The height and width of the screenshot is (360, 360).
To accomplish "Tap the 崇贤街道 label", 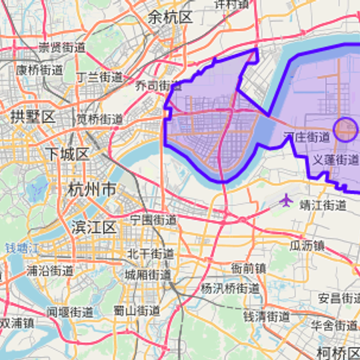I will tap(61, 47).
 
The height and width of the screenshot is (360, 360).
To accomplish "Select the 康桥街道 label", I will tap(40, 69).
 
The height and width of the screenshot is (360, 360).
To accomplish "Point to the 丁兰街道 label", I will tap(100, 77).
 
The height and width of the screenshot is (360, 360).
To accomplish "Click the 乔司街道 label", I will tap(158, 86).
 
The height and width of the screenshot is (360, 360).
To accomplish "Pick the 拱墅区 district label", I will tap(32, 117).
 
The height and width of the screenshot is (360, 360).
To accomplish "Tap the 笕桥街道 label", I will tap(99, 119).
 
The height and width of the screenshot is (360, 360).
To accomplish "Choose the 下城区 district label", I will tap(67, 154).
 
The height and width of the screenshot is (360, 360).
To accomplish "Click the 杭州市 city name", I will tap(91, 190).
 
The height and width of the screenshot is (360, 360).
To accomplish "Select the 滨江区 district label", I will tap(94, 227).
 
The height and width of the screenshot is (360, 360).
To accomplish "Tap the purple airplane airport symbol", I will tap(287, 199).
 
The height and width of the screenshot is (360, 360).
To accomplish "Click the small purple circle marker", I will tap(345, 129).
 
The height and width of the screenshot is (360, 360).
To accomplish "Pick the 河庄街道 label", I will tap(306, 137).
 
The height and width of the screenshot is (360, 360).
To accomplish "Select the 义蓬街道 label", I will tap(335, 160).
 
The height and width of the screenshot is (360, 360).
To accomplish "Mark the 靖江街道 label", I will tap(323, 205).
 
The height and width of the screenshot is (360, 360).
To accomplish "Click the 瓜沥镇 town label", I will tap(307, 245).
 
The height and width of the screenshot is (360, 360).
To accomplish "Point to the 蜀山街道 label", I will tap(137, 311).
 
